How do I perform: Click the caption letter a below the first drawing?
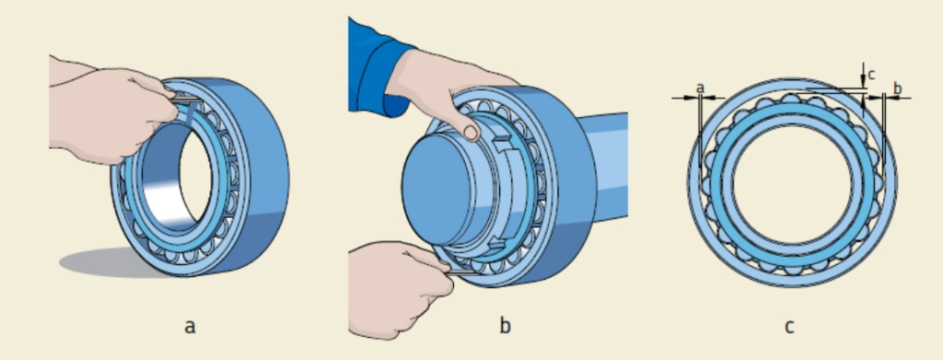click(x=190, y=327)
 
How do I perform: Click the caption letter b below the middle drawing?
click(x=506, y=326)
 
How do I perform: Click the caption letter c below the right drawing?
click(x=789, y=327)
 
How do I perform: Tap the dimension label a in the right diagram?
click(x=700, y=88)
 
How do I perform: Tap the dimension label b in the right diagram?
click(x=898, y=88)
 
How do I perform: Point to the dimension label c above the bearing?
click(x=870, y=75)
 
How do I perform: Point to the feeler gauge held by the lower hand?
click(x=463, y=273)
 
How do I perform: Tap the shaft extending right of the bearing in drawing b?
click(x=605, y=167)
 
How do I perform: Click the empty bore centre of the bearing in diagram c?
click(x=792, y=183)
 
